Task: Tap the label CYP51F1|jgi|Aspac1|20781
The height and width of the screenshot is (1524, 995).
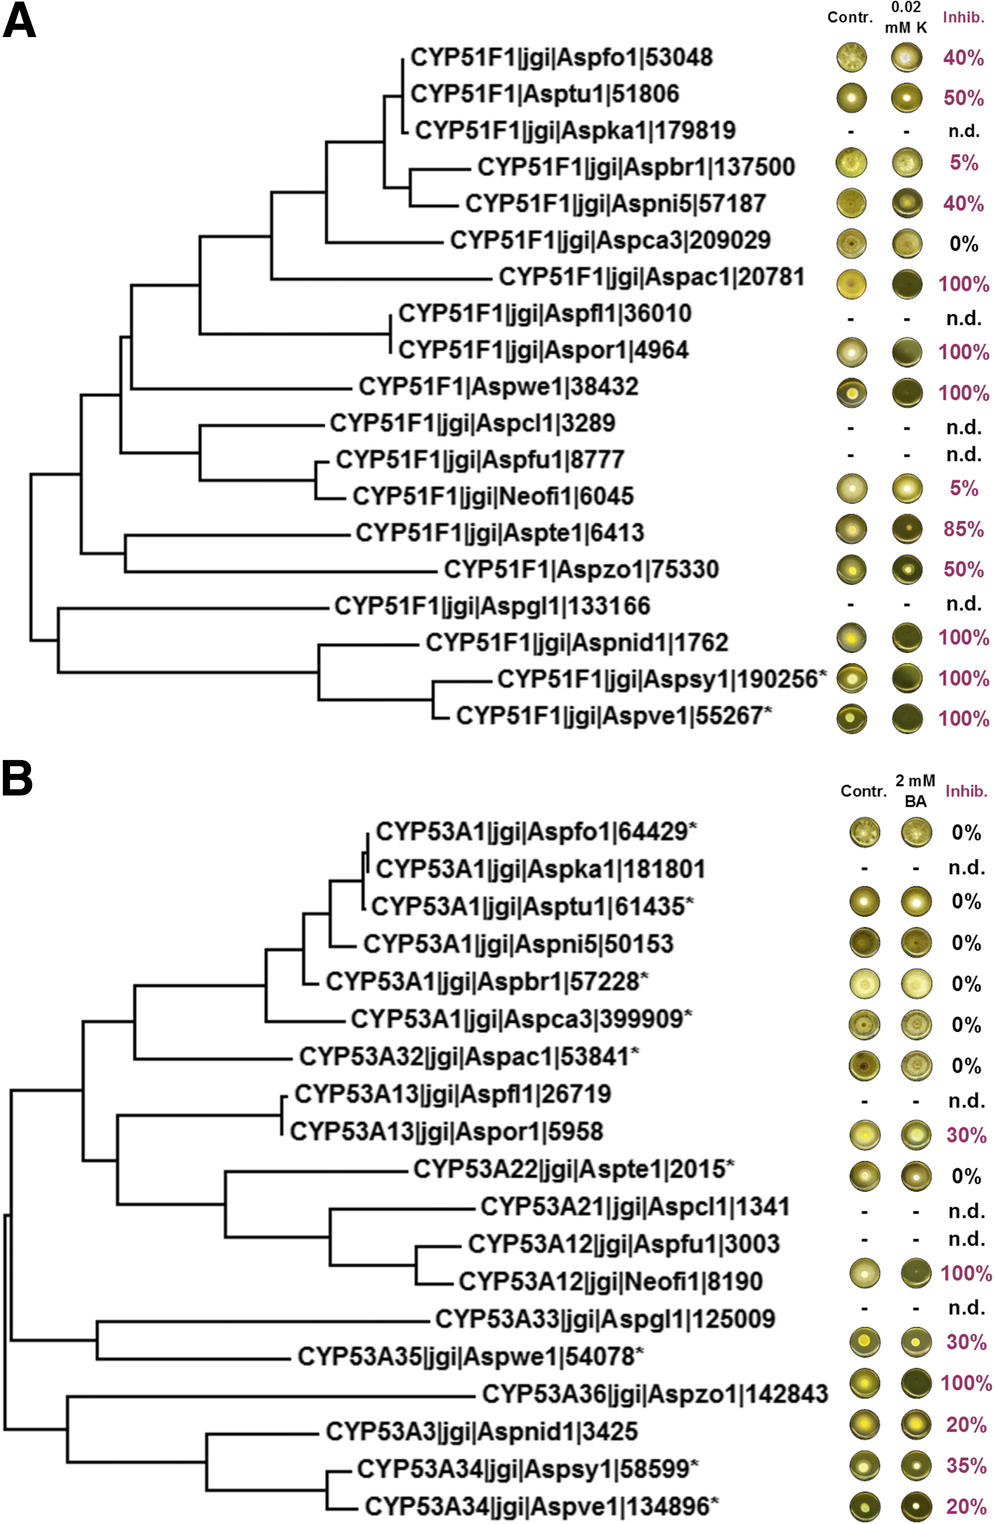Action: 651,277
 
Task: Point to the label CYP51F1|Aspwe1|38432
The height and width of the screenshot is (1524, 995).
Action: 498,387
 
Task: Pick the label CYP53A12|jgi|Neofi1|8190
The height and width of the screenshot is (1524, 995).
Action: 610,1281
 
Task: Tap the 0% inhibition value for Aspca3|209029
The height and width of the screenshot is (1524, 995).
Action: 964,244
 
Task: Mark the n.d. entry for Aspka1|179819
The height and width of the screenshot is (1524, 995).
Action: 964,131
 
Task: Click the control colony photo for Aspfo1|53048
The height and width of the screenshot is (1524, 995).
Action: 852,58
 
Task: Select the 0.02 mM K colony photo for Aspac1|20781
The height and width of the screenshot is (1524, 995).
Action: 907,284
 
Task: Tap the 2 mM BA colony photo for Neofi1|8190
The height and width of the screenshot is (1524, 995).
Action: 916,1274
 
